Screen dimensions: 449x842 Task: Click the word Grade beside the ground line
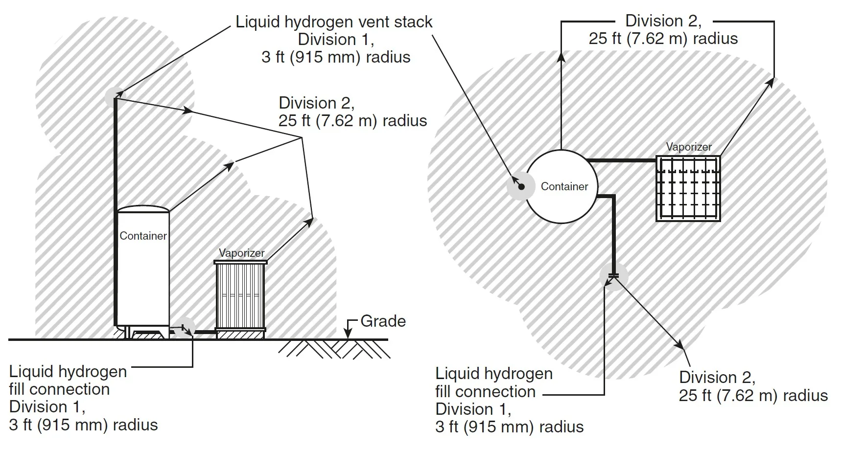[383, 321]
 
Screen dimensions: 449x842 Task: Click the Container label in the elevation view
[143, 236]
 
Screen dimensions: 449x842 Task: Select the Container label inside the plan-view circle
[564, 186]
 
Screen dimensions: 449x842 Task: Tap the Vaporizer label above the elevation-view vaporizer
[241, 253]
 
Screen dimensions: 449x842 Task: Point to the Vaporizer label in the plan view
[689, 147]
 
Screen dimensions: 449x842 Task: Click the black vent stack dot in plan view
[521, 186]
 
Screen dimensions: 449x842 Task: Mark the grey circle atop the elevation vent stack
[115, 97]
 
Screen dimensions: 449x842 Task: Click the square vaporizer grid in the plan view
[688, 189]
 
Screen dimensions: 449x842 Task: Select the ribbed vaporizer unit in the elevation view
[241, 296]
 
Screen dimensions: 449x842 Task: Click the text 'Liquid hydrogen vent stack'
[334, 22]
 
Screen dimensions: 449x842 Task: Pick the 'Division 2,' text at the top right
[663, 21]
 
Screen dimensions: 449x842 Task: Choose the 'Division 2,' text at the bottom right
[717, 378]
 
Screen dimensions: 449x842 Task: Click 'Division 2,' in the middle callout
[316, 103]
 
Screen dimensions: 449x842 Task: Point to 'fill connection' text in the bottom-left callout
[59, 389]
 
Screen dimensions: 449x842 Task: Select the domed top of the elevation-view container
[143, 209]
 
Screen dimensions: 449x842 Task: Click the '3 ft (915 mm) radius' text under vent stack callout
[336, 57]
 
